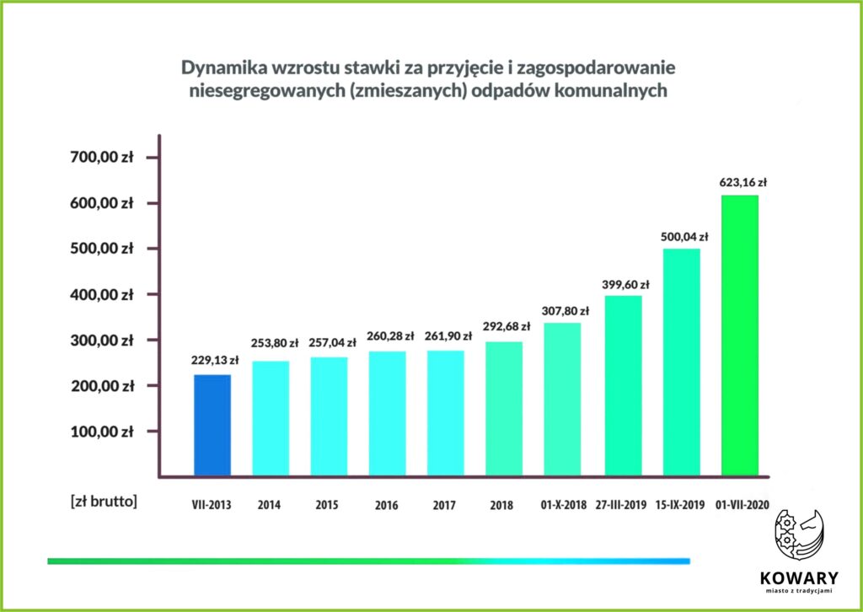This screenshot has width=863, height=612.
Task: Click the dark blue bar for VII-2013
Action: click(x=212, y=424)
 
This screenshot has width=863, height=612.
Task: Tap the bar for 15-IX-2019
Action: click(x=682, y=361)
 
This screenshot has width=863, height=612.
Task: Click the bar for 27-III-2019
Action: click(x=623, y=384)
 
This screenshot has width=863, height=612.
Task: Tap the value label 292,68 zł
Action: click(x=507, y=326)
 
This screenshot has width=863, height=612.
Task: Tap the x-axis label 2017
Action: click(x=444, y=505)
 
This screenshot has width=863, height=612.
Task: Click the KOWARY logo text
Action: click(x=798, y=578)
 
